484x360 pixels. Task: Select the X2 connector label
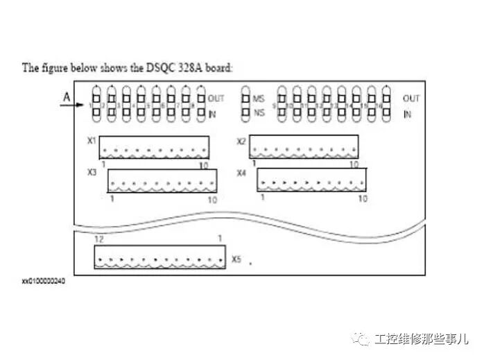[241, 142]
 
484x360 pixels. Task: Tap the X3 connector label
[92, 172]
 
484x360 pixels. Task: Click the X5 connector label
[236, 259]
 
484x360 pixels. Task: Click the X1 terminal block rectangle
[154, 146]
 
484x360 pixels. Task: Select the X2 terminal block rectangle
[304, 146]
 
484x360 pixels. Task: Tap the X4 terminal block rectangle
[311, 179]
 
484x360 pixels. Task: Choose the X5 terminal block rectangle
[160, 258]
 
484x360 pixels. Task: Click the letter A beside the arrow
[65, 98]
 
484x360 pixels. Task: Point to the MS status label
[259, 98]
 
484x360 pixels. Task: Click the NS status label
[259, 112]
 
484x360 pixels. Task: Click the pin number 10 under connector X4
[361, 198]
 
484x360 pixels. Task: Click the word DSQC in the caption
[156, 67]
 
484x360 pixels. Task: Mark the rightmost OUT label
[411, 98]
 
